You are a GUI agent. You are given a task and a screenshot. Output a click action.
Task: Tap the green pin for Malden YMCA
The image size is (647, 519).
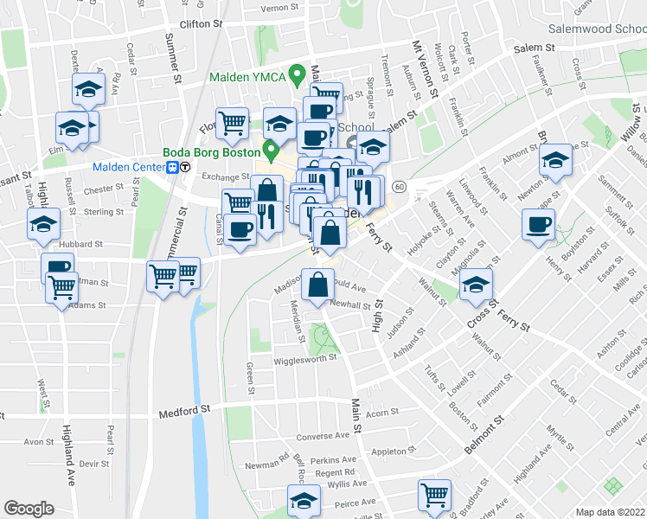pos(297,75)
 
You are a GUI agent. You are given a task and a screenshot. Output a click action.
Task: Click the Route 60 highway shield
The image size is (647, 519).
pos(399,187)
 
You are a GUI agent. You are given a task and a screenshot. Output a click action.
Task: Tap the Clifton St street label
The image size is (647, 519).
pos(195,25)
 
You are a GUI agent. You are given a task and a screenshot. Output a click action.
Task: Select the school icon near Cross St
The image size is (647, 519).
pos(475,285)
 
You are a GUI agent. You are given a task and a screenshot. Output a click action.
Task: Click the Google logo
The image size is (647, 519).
pos(29,509)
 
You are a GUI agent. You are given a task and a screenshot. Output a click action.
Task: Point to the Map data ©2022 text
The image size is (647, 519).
pos(611,512)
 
